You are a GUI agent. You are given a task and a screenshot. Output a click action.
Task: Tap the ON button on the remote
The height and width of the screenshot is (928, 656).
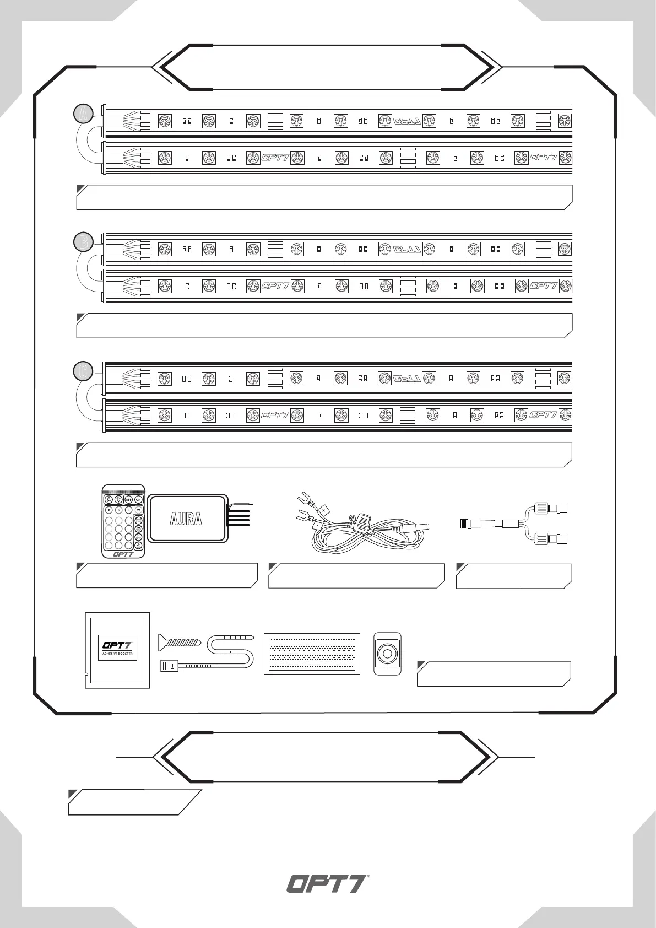[x=138, y=499]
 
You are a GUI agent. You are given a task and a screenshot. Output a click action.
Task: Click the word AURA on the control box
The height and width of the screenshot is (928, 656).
[x=186, y=519]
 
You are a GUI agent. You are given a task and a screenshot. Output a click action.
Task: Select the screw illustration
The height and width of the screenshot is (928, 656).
[x=181, y=642]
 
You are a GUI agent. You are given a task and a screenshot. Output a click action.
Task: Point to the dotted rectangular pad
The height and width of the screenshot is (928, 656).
[x=312, y=653]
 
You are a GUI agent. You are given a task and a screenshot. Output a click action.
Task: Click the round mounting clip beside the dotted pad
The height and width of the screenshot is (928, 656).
[x=387, y=654]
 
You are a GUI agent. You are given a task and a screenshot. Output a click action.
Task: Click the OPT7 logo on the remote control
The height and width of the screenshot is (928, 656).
[x=123, y=554]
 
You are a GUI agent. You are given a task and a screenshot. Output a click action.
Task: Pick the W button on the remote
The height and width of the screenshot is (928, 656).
[x=138, y=510]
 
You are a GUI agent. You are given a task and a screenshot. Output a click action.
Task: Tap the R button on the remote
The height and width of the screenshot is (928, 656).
[x=109, y=510]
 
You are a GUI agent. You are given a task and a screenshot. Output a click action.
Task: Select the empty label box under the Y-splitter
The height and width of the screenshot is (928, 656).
[x=513, y=576]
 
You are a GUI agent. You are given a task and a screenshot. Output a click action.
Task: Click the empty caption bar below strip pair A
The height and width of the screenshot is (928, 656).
[x=324, y=197]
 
